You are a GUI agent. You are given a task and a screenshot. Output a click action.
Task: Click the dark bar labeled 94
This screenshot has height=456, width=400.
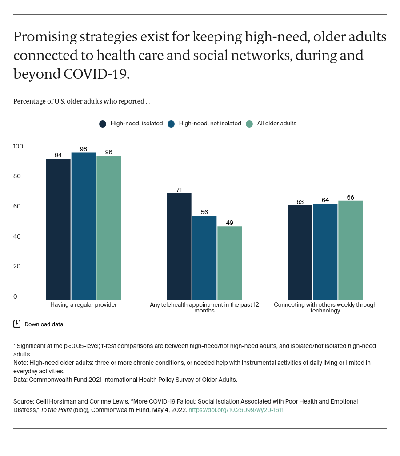click(58, 229)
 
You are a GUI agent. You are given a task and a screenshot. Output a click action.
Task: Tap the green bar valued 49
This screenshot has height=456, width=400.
click(229, 263)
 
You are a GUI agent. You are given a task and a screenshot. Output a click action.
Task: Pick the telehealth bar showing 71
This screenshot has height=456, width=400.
click(179, 246)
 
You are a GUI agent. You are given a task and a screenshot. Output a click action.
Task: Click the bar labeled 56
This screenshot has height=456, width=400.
click(204, 257)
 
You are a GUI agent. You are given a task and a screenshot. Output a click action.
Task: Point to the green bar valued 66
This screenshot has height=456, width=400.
click(350, 250)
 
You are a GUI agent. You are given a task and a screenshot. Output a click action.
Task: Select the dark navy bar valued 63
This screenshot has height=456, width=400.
click(300, 252)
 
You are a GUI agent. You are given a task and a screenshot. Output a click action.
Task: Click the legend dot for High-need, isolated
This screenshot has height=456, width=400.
click(103, 124)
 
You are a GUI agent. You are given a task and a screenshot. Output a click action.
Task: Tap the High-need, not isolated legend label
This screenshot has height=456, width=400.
click(210, 124)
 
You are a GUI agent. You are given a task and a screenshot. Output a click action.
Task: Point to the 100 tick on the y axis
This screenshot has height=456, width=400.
click(18, 146)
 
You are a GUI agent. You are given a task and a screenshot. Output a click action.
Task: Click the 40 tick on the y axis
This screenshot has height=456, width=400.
click(17, 236)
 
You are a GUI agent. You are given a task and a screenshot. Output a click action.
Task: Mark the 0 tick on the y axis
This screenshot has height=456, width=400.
click(15, 296)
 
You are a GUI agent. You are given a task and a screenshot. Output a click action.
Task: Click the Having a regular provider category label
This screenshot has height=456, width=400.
click(84, 305)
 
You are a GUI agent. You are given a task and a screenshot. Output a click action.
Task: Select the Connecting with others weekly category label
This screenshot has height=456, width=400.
click(325, 308)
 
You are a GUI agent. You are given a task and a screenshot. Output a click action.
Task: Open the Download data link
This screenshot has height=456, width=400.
click(44, 324)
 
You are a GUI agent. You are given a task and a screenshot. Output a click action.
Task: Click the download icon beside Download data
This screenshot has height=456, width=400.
click(17, 324)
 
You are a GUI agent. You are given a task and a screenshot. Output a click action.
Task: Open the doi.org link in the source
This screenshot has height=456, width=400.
click(236, 410)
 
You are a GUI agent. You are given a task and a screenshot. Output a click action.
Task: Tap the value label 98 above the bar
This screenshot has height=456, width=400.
click(84, 149)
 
